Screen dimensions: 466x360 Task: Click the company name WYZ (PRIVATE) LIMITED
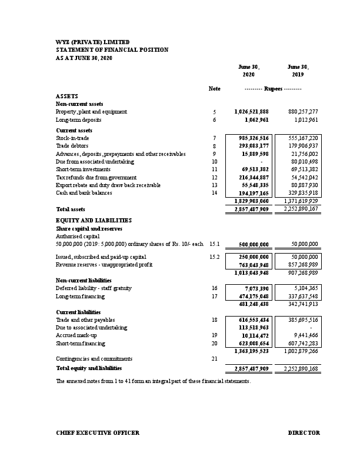(x=92, y=42)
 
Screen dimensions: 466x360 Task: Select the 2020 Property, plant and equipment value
(x=251, y=111)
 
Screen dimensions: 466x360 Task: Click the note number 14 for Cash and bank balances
(x=215, y=193)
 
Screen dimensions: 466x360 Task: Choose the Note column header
(x=215, y=88)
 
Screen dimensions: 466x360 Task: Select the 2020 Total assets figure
(x=251, y=209)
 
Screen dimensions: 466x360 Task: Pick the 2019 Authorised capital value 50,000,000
(x=304, y=244)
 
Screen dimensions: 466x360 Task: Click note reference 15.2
(x=215, y=257)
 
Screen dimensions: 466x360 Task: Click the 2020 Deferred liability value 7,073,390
(x=255, y=288)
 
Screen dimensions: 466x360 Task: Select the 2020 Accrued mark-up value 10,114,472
(x=254, y=335)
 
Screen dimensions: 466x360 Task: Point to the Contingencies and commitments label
(x=94, y=358)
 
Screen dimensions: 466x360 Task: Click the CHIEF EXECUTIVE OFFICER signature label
(x=98, y=433)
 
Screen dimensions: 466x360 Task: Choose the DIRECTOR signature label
(x=304, y=433)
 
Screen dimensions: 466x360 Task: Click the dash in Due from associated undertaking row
(x=261, y=161)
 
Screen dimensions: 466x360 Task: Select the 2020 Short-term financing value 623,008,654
(x=251, y=342)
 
